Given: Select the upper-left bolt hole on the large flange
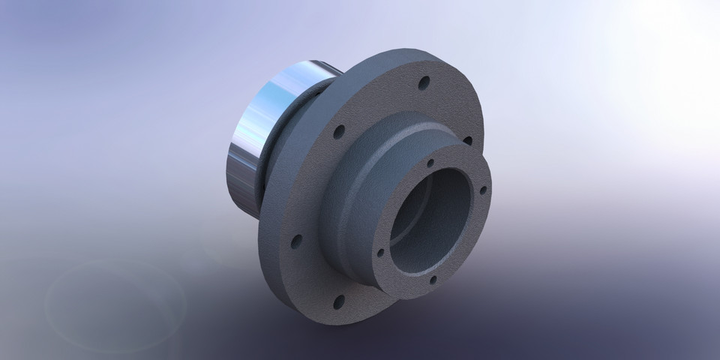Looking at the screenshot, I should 339,132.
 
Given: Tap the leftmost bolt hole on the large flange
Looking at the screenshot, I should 296,241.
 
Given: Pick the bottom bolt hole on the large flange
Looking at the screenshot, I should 338,301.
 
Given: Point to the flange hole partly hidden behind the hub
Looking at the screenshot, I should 468,140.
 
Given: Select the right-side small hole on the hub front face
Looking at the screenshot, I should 483,190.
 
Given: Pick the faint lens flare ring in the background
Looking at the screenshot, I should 112,300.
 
